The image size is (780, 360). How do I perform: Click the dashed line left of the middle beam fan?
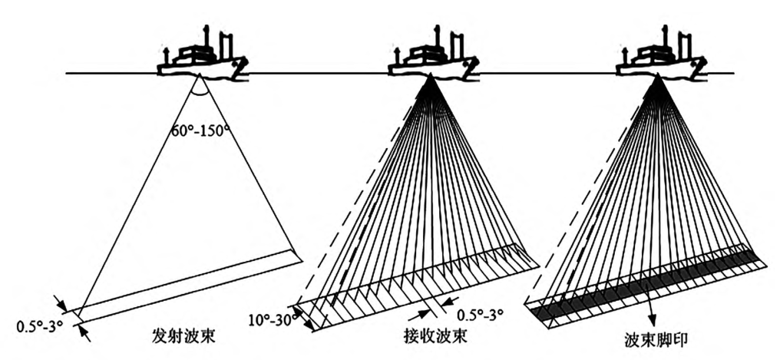click(361, 192)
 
